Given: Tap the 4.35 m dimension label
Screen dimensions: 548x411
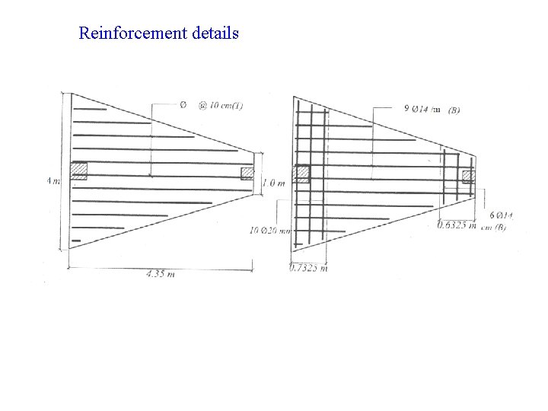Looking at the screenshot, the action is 161,274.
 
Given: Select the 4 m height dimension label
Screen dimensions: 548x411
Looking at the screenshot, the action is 52,181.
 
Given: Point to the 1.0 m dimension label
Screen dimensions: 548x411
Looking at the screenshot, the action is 273,183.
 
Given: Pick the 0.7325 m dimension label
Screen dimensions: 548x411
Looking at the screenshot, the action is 308,268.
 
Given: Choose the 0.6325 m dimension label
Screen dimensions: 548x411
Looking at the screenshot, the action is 457,224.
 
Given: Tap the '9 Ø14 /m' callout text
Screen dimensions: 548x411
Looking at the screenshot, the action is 421,109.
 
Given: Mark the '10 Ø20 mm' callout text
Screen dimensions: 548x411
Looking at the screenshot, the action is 270,230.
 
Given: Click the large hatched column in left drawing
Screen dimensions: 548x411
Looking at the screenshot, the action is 79,170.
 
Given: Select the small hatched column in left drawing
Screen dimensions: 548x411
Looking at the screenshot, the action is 247,174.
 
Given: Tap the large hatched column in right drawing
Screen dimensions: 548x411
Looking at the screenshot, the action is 301,174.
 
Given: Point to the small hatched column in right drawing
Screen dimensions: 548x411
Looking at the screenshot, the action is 468,177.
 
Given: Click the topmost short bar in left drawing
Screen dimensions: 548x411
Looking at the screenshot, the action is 89,110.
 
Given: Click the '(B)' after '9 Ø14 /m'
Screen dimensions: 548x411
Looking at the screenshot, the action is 454,110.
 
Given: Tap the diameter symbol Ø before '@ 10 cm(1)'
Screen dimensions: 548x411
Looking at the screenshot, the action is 183,104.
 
